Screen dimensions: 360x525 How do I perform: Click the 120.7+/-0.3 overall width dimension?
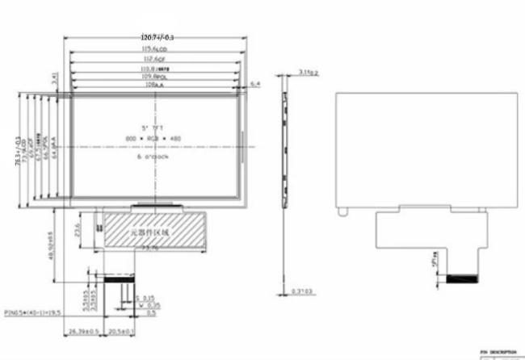[x=157, y=38]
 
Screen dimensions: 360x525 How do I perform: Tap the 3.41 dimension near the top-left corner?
[x=54, y=79]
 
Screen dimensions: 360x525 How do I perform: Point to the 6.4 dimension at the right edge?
[x=255, y=84]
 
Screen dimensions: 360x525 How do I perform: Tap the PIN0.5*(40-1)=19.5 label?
[x=34, y=310]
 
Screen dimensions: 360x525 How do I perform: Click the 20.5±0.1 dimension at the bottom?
[x=120, y=331]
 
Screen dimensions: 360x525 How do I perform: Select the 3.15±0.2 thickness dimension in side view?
[x=309, y=73]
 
